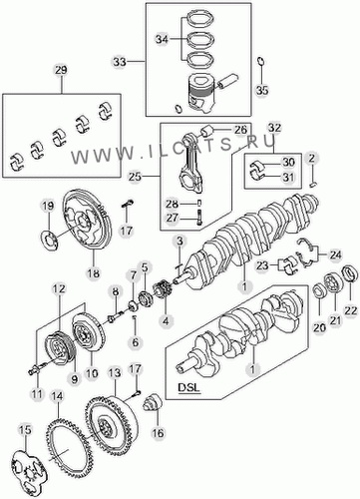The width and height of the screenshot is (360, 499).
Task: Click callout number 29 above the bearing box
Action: (61, 70)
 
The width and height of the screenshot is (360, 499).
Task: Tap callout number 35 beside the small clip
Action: (262, 90)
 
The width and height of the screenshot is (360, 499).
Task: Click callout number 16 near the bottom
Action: (158, 433)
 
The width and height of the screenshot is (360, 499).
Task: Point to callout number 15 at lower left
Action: (25, 429)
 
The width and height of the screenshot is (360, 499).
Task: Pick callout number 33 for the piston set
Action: (120, 62)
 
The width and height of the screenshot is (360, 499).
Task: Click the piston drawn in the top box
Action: (199, 92)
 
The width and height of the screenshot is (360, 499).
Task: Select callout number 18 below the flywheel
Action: (94, 273)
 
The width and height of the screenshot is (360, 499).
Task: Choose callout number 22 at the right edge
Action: (351, 310)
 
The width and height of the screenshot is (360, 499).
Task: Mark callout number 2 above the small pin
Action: (311, 158)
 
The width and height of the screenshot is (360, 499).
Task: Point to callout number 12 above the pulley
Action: (59, 289)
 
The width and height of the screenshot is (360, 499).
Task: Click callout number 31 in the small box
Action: (288, 177)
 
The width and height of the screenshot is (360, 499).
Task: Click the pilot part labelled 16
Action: (153, 403)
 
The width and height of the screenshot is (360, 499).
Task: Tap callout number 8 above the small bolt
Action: (115, 291)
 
